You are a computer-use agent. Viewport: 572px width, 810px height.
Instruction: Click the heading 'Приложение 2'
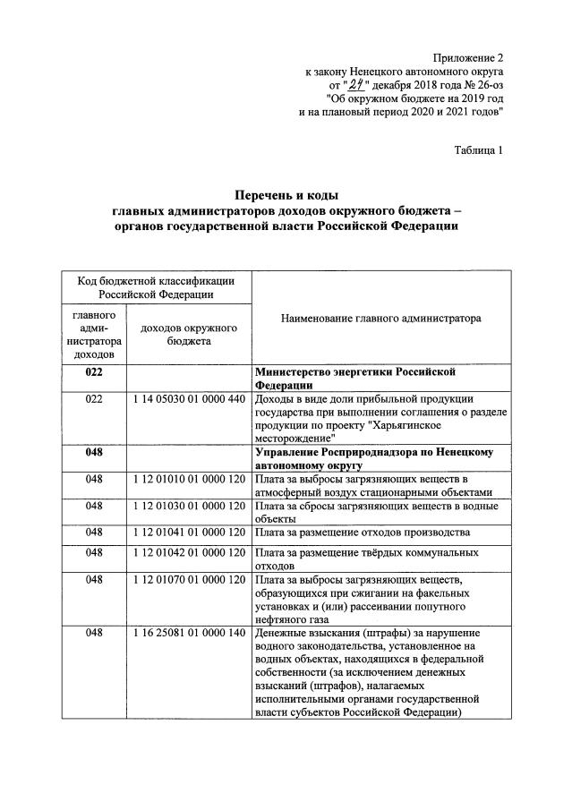tap(466, 56)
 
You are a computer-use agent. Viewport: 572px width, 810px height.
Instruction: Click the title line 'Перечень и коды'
tap(286, 194)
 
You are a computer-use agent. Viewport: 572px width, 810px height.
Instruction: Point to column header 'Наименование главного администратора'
tap(380, 318)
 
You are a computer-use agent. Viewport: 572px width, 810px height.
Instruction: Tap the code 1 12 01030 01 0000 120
tap(188, 506)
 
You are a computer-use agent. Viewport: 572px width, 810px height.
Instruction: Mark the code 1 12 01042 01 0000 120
tap(188, 553)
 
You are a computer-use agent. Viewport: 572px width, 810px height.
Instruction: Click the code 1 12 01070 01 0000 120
tap(188, 580)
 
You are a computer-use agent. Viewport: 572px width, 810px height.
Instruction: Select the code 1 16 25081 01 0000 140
tap(188, 633)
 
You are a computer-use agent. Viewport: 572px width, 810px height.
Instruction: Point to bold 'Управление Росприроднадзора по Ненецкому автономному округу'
tap(373, 458)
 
